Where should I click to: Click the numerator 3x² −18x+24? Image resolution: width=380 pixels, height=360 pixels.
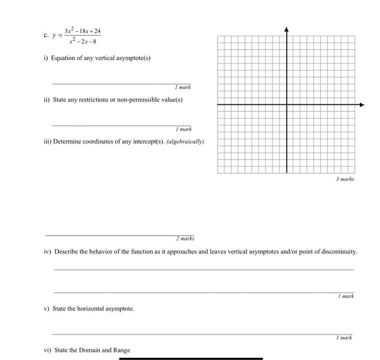click(83, 31)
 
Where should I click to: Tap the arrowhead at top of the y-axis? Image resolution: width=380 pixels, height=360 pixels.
click(287, 28)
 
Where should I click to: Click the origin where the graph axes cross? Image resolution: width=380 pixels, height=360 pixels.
click(287, 104)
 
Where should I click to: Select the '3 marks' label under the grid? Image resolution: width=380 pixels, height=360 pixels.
click(345, 178)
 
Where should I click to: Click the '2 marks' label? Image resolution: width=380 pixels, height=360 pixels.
click(185, 238)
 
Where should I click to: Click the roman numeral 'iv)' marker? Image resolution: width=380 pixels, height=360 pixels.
click(48, 252)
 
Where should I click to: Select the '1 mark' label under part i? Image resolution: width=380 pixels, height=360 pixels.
click(183, 87)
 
